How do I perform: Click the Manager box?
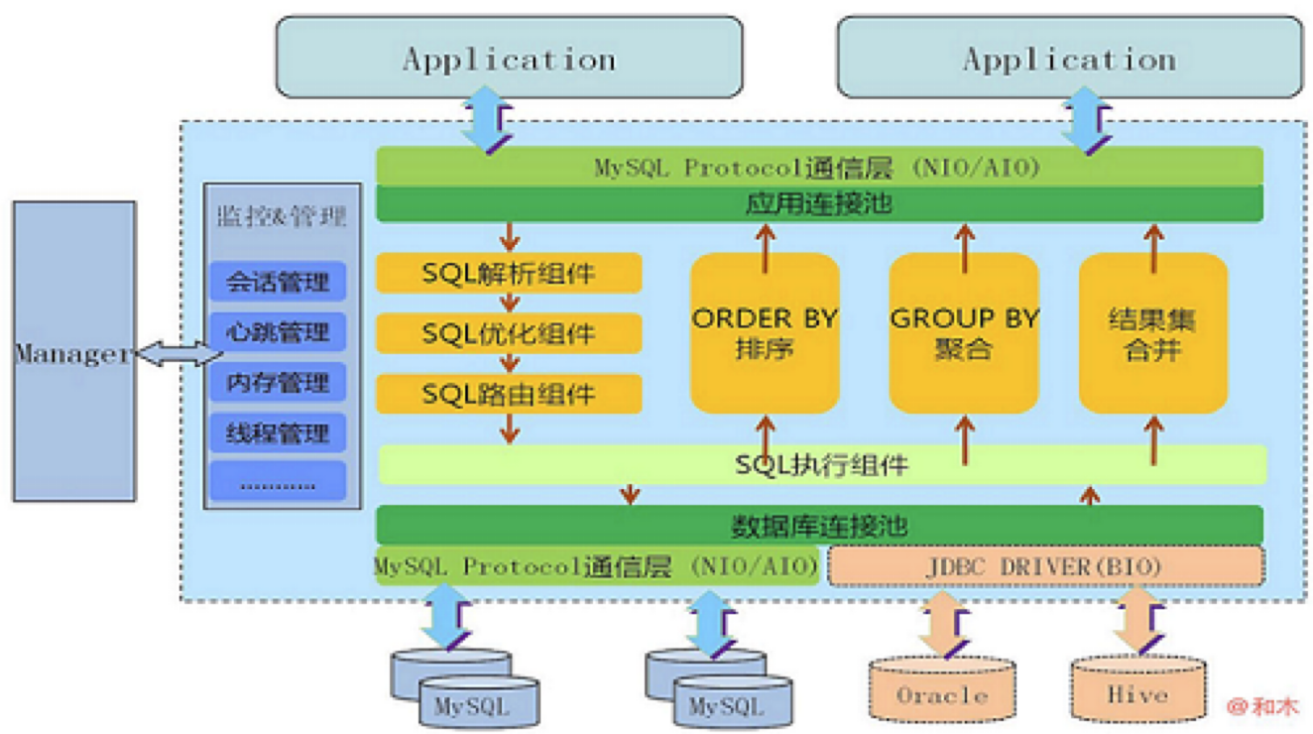(73, 351)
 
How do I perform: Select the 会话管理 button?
(278, 282)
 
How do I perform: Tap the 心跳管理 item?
(278, 332)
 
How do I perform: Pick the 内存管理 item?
(278, 383)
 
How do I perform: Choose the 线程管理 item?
(278, 433)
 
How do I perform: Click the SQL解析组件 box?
(509, 274)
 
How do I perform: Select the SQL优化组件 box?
(509, 334)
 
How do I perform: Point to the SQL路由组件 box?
(509, 394)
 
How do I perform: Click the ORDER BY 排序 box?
(765, 333)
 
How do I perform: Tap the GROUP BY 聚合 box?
(964, 333)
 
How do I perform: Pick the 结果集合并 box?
(1153, 333)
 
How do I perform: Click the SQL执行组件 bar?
(822, 464)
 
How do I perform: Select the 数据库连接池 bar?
(819, 525)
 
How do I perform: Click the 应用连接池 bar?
(819, 203)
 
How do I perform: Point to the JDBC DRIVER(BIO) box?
(1045, 566)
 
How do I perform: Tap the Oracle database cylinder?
(942, 691)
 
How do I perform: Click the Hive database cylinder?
(1137, 691)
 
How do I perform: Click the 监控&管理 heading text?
(282, 216)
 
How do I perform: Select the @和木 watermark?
(1262, 706)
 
